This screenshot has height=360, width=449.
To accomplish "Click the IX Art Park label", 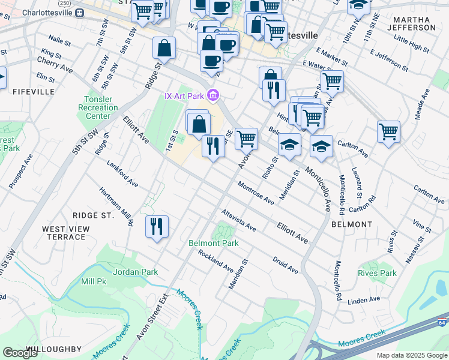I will coord(184,95).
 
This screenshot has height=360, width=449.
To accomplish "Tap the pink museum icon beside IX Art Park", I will coord(212,95).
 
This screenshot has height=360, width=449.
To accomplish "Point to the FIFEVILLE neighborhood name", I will coord(34,92).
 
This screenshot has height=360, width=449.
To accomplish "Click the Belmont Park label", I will coord(213,243).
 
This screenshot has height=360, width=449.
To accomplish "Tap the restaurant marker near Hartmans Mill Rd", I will coord(157,227).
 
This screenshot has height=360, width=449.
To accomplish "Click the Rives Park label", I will coord(377,273).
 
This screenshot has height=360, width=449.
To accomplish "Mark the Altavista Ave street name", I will coord(238,221).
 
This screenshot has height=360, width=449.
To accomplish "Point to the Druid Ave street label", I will coord(285,266).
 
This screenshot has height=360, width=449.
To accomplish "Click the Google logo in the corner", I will coord(20,353).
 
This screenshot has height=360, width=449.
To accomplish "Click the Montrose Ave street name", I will coord(255,193).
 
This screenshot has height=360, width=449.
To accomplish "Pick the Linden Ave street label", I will coord(364,299).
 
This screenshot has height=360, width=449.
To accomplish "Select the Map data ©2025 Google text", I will coord(412,355).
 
